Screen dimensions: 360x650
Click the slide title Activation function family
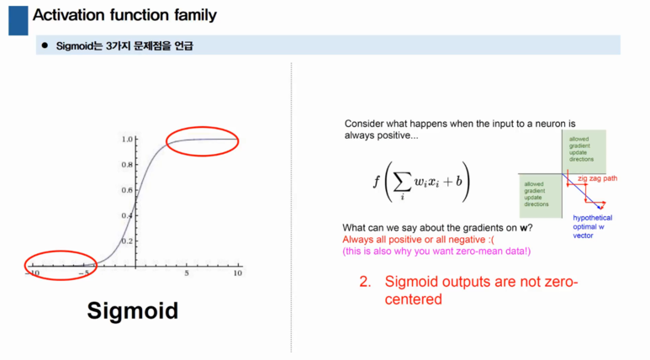[x=124, y=14]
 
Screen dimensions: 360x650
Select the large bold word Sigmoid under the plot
[x=133, y=310]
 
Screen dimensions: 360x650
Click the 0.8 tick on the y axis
[x=128, y=165]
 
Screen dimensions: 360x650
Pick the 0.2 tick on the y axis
[x=128, y=241]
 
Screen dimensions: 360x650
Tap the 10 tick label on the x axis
[x=238, y=274]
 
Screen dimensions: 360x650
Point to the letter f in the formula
[x=376, y=182]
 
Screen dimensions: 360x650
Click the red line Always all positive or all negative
[x=401, y=240]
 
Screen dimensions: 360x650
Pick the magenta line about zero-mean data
[x=436, y=251]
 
